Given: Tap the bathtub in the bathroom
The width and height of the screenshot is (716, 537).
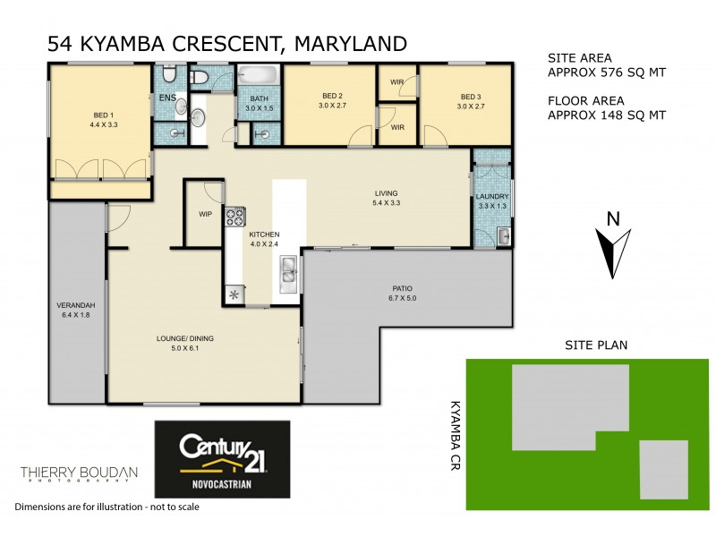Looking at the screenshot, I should [x=260, y=78].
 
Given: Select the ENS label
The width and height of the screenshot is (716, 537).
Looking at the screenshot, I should [x=166, y=98].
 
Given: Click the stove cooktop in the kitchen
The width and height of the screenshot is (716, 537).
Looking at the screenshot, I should [x=235, y=216].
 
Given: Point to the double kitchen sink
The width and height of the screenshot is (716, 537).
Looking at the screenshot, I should [x=289, y=269].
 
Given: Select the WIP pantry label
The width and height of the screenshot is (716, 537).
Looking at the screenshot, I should [x=204, y=214].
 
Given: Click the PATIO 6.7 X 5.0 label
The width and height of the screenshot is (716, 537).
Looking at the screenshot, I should [x=404, y=293].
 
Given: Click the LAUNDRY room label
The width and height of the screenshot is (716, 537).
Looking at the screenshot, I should [x=492, y=201].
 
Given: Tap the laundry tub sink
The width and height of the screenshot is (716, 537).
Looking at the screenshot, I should [x=503, y=237].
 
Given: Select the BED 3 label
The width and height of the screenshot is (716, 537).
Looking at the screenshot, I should [x=471, y=101].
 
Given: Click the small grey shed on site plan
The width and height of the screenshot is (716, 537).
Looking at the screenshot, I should [x=663, y=469].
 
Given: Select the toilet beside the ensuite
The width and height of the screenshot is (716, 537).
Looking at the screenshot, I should [x=200, y=79].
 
